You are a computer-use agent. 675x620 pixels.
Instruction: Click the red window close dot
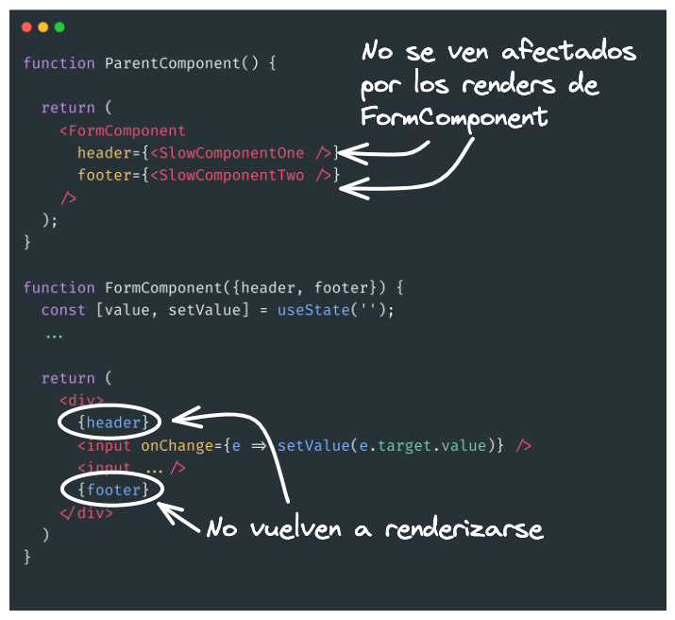click(26, 27)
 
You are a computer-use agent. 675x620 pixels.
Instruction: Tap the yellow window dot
click(42, 27)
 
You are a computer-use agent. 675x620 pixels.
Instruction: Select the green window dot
click(59, 27)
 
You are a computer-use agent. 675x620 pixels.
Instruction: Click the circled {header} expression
click(110, 422)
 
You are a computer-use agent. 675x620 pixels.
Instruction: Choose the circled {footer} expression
click(110, 490)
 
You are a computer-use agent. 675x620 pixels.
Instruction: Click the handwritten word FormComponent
click(453, 118)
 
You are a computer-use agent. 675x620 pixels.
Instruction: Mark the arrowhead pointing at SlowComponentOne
click(344, 151)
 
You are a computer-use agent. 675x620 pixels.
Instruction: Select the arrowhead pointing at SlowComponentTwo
click(347, 189)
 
